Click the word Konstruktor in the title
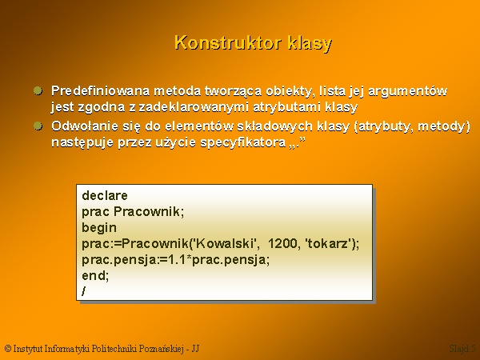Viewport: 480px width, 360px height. pyautogui.click(x=228, y=42)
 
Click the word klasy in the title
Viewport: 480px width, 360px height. pyautogui.click(x=310, y=43)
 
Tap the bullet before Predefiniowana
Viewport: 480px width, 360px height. pyautogui.click(x=38, y=90)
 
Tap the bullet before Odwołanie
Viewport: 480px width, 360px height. pyautogui.click(x=38, y=126)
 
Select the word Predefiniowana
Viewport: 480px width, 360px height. pyautogui.click(x=101, y=91)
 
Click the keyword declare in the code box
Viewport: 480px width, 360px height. pyautogui.click(x=105, y=196)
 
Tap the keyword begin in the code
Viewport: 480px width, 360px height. pyautogui.click(x=99, y=228)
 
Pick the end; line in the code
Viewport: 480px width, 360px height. pyautogui.click(x=95, y=275)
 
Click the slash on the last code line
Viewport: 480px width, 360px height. pyautogui.click(x=84, y=291)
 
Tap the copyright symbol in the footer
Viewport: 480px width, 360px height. pyautogui.click(x=8, y=348)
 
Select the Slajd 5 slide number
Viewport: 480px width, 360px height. pyautogui.click(x=462, y=349)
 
